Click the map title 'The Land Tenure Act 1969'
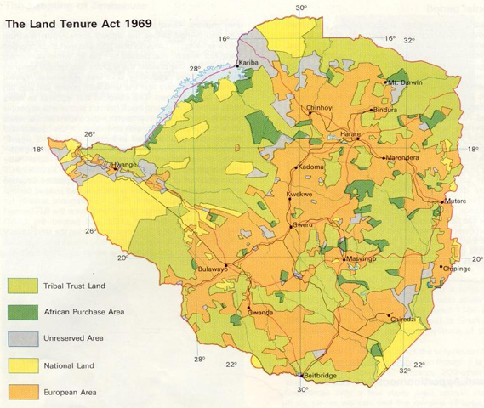79,24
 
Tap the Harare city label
351,135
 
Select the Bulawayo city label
214,269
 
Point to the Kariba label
248,64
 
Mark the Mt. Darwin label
405,83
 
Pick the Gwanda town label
259,312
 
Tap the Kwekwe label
299,195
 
